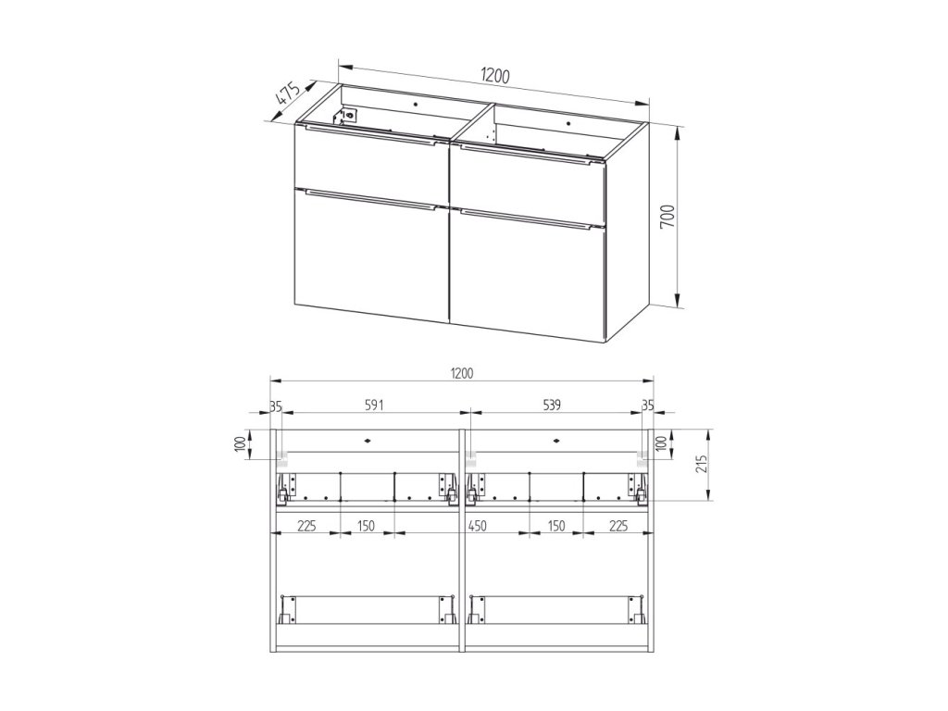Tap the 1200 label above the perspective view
point(496,76)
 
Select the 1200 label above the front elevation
point(461,374)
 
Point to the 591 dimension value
point(374,405)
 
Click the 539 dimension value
point(552,405)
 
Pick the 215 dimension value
point(703,464)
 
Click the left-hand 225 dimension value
point(307,526)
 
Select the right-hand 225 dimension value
point(618,526)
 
